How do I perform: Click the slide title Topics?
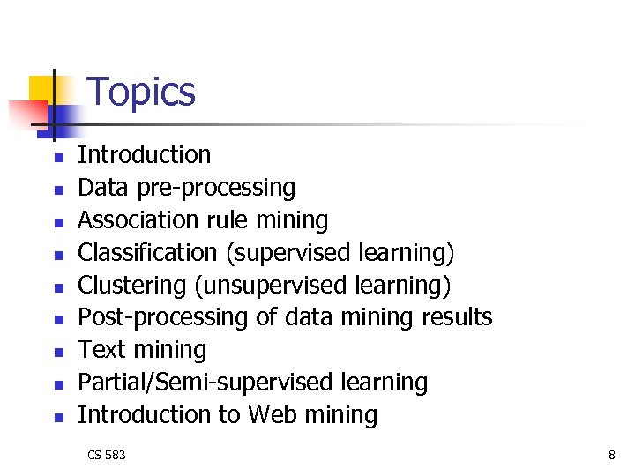pyautogui.click(x=142, y=92)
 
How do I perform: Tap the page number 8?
pyautogui.click(x=611, y=455)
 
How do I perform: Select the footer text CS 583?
pyautogui.click(x=107, y=455)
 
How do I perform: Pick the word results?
pyautogui.click(x=452, y=317)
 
